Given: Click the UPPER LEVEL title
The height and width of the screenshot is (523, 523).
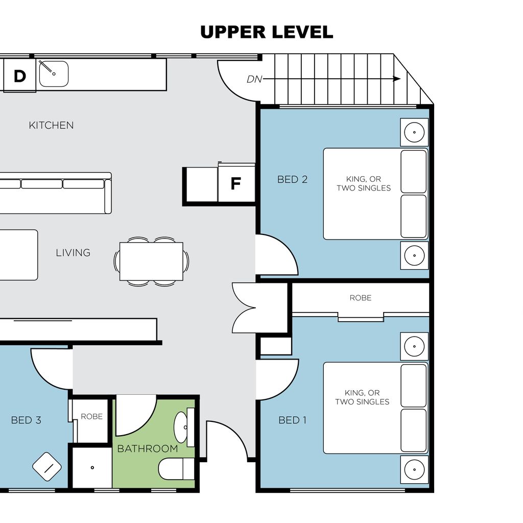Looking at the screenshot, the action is [x=267, y=32].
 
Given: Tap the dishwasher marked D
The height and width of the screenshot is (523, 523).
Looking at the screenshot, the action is [x=19, y=75].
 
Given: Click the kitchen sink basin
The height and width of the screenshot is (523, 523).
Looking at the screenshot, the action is [x=54, y=74].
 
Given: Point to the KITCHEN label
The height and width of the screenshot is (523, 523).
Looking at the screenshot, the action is [x=51, y=126].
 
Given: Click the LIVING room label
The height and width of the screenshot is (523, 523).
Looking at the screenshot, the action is [x=73, y=253].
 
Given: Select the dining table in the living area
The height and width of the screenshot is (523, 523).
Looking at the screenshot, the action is [x=151, y=261].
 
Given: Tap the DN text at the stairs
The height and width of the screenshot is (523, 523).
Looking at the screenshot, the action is [x=254, y=79].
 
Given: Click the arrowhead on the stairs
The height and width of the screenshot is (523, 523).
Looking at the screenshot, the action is [x=396, y=79].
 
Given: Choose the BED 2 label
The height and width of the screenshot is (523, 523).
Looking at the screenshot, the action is [x=293, y=179].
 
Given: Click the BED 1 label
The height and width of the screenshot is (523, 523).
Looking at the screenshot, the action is [x=293, y=420].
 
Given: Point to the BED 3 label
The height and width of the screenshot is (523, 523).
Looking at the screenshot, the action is [x=26, y=420].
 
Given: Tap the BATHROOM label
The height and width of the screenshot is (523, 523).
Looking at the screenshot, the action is [x=148, y=448].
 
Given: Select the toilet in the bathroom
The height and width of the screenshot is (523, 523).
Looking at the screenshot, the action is [x=176, y=469].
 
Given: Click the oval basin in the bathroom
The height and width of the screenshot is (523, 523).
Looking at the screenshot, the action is [x=181, y=427].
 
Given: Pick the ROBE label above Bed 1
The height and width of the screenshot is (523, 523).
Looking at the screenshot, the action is [x=361, y=298].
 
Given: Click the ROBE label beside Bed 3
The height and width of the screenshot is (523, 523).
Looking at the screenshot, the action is [x=92, y=417].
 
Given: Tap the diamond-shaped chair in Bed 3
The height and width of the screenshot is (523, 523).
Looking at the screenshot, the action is [x=46, y=467].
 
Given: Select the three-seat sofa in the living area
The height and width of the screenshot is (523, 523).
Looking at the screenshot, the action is [x=56, y=193].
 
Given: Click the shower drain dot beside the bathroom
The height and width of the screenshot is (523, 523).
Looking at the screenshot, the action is [x=92, y=468].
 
